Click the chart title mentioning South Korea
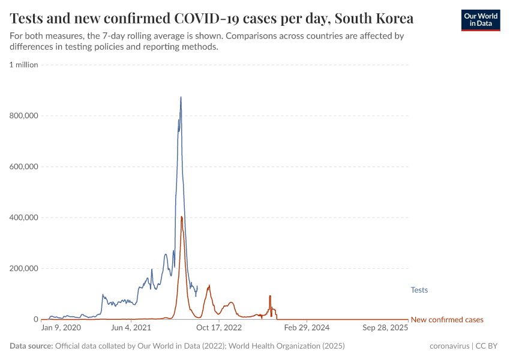(x=211, y=18)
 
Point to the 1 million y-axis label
(x=23, y=65)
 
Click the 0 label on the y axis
(x=35, y=320)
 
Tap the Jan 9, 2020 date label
(x=61, y=328)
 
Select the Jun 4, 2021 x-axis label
(x=131, y=328)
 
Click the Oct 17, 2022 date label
(x=219, y=328)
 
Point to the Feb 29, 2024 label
(x=307, y=328)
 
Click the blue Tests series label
(x=419, y=290)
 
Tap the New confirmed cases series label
(x=446, y=320)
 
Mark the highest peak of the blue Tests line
(x=181, y=97)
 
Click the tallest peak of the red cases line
(x=181, y=217)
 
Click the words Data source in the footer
(x=31, y=346)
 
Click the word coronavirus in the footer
(x=449, y=346)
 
